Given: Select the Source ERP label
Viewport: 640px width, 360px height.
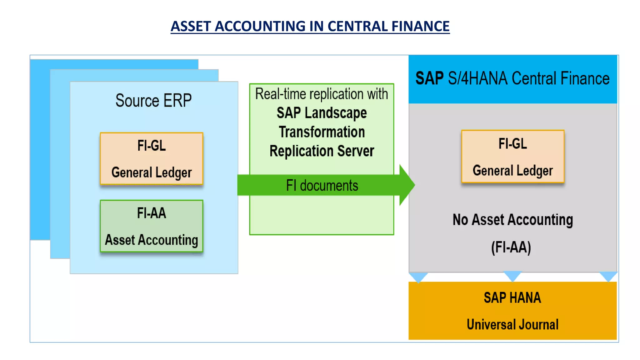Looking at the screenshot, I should [x=153, y=101].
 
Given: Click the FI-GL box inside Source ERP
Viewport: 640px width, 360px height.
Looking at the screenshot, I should [x=152, y=158].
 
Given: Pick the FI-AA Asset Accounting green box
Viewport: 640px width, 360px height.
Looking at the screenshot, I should [x=152, y=226].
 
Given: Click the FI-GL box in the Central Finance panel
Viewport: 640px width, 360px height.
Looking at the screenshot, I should [x=512, y=156].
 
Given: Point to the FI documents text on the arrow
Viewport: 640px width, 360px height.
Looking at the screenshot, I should [x=322, y=186].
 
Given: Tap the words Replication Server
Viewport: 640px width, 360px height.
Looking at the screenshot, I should [x=322, y=151].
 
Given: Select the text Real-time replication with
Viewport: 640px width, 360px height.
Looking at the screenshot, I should [x=322, y=94].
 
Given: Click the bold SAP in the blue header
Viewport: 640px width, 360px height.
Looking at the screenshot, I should [x=429, y=78].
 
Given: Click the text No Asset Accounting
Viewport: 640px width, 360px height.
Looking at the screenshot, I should [x=512, y=220].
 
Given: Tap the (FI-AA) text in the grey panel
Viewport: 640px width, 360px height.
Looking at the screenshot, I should [x=511, y=247].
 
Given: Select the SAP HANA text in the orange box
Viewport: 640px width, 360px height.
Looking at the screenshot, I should [x=512, y=297].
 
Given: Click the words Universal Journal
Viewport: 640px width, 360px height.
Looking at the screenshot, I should [x=512, y=324].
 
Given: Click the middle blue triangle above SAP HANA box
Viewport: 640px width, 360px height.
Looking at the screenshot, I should [x=513, y=276].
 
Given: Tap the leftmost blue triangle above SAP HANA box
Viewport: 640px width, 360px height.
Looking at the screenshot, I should [x=418, y=277].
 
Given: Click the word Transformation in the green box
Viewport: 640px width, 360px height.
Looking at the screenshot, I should [x=322, y=132].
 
